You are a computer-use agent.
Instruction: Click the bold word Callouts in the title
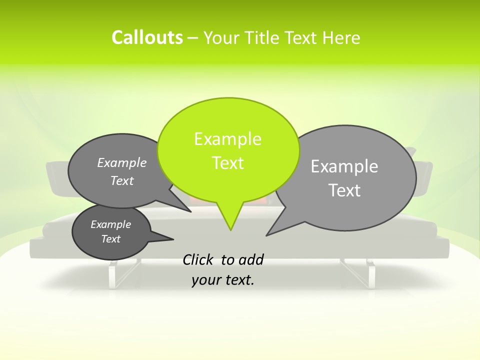(x=147, y=37)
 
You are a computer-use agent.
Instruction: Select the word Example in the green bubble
(x=227, y=139)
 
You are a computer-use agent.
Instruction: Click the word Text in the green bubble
(x=227, y=163)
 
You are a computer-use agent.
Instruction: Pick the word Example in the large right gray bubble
(x=344, y=166)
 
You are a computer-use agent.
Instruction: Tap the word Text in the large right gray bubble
(x=344, y=190)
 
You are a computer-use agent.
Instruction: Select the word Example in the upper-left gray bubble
(x=122, y=163)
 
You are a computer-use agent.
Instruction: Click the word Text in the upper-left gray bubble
(x=122, y=180)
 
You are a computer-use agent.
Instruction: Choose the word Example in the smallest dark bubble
(x=110, y=224)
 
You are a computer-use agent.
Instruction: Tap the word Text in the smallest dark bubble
(x=110, y=239)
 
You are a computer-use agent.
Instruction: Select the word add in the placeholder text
(x=251, y=259)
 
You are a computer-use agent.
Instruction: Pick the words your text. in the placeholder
(x=223, y=280)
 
